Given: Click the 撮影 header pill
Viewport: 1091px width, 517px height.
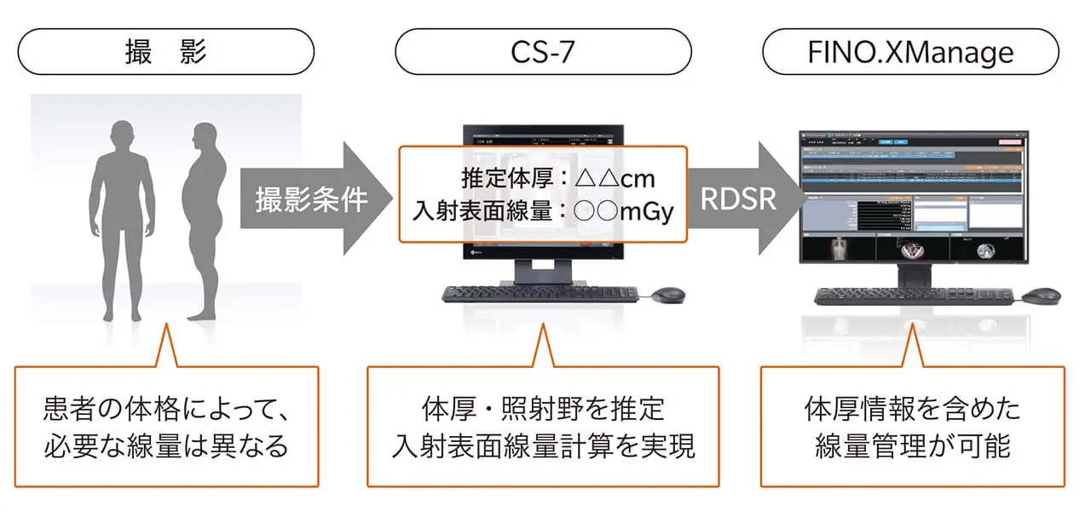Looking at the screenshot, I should coord(165,53).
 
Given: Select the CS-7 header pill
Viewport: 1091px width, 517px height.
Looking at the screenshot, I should coord(542,53).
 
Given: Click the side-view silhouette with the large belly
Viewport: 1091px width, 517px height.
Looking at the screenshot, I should coord(205,217).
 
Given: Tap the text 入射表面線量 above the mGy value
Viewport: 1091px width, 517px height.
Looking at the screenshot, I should coord(483,211).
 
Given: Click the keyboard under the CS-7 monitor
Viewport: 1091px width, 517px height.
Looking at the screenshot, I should coord(540,294).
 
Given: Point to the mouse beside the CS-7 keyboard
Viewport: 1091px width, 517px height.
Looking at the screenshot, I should coord(667,295).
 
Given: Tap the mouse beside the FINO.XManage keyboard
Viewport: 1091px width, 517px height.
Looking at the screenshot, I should coord(1041,296).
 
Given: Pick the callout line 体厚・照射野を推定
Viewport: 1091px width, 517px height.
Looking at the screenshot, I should coord(543,410).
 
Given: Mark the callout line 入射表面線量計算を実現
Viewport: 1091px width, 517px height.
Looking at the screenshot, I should coord(543,446).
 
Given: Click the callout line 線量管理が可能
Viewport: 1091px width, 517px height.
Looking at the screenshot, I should coord(912,446).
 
